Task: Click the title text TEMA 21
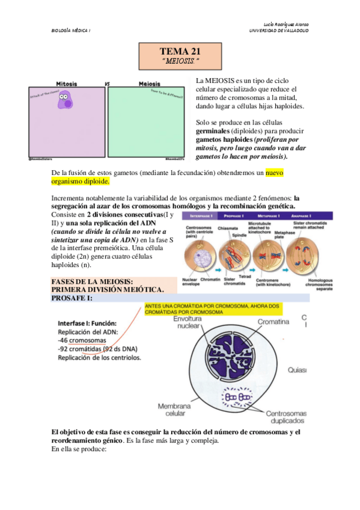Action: pos(181,51)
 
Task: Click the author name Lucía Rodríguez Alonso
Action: pos(282,23)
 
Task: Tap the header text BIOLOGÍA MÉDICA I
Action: pos(70,31)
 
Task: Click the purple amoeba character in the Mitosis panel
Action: pos(65,100)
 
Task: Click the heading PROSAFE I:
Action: pos(72,298)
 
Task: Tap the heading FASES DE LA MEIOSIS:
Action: pos(92,281)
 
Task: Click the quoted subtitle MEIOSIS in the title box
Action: pos(180,61)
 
